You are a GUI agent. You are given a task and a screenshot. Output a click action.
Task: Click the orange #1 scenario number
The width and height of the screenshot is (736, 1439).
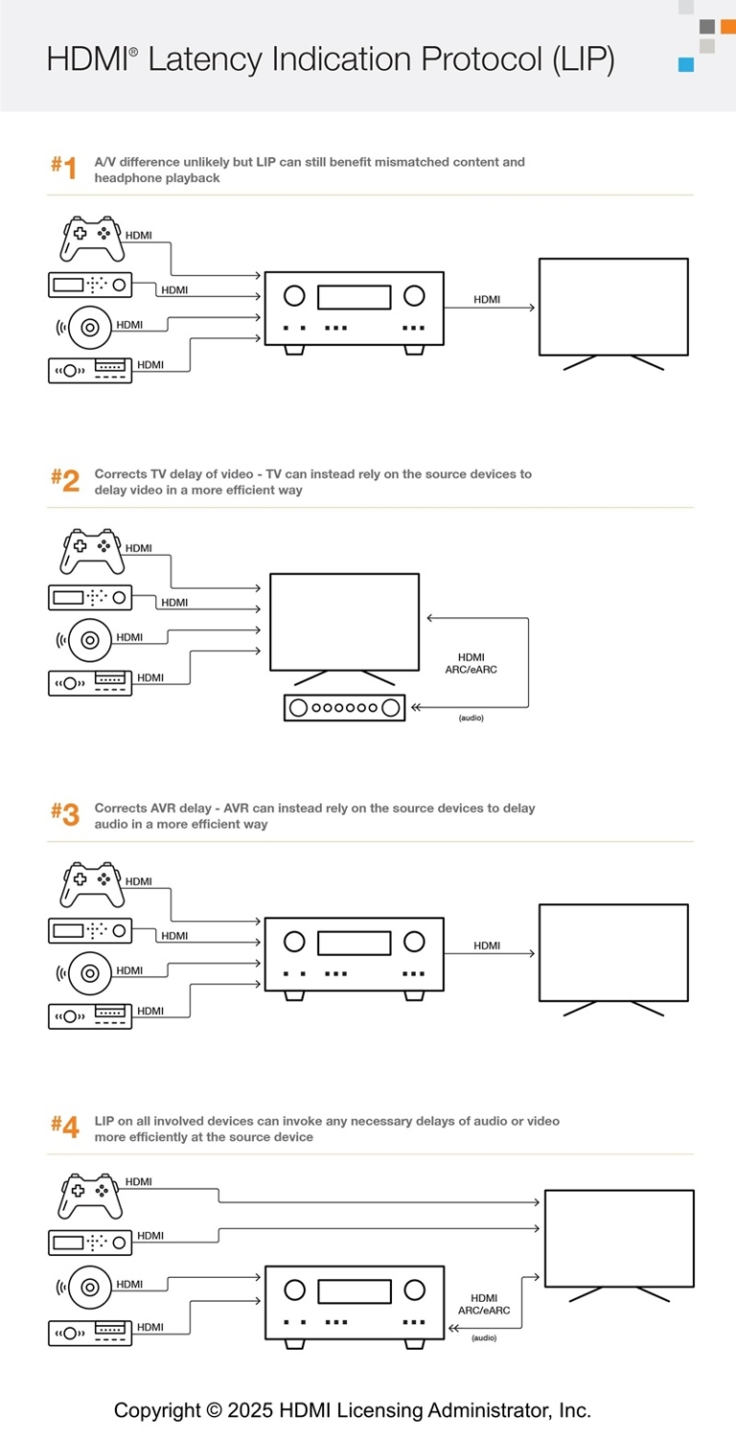tap(63, 169)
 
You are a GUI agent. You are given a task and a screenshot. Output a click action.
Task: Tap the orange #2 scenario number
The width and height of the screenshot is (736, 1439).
tap(64, 481)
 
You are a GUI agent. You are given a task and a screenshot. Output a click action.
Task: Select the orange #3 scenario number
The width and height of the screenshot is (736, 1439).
tap(64, 815)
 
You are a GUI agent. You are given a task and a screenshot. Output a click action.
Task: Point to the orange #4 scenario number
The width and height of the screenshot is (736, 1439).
tap(64, 1127)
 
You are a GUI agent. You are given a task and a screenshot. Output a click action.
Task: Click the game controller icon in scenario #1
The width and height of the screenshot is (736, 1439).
tap(92, 239)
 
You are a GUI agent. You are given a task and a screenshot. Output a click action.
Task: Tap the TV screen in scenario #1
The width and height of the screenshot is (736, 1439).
tap(613, 307)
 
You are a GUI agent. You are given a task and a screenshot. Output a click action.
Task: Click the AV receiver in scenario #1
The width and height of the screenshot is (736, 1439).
tap(354, 309)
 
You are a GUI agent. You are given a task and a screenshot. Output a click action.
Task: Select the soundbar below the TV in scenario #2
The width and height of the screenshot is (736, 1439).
tap(344, 708)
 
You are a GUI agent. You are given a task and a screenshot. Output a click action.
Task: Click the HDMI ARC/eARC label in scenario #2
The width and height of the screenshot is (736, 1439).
tap(471, 663)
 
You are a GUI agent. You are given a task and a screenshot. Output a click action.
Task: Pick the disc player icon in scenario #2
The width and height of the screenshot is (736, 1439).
tap(90, 638)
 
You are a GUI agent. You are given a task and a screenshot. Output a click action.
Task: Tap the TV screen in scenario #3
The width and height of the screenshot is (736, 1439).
tap(613, 952)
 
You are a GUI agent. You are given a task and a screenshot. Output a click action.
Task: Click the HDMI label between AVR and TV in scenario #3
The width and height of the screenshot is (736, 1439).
tap(487, 946)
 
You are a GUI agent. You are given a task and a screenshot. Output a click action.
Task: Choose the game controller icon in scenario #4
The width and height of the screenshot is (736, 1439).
tap(92, 1195)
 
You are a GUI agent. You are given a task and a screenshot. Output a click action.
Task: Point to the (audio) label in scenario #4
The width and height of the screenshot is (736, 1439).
tap(484, 1337)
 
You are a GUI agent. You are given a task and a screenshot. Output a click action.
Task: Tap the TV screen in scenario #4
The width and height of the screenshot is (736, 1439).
tap(619, 1238)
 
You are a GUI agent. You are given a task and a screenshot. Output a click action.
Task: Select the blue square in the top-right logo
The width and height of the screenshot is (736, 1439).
tap(685, 64)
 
